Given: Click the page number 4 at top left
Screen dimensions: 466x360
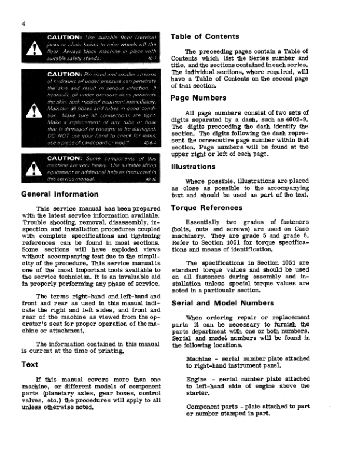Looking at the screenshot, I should click(22, 23).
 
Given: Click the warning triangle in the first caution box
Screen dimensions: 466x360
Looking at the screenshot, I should click(30, 51).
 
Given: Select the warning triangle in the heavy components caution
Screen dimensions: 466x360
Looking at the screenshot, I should click(30, 171).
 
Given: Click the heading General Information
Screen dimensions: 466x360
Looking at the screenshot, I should click(60, 194).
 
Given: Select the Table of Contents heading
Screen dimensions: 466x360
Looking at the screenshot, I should click(205, 36).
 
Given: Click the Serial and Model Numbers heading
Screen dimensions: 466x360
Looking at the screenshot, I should click(222, 303).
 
